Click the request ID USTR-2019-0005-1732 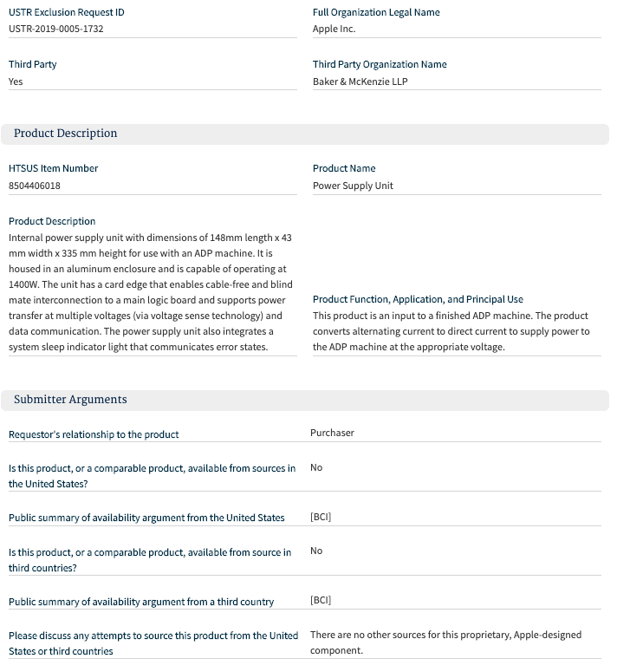click(56, 29)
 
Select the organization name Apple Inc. click(334, 29)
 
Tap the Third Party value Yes click(16, 81)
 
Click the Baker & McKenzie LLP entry click(360, 81)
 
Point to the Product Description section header click(65, 134)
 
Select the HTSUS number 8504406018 click(35, 186)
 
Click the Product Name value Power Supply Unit click(353, 186)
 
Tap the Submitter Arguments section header click(70, 400)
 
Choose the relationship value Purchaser click(332, 433)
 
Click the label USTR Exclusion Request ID click(65, 12)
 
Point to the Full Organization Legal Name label click(376, 12)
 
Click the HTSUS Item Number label click(53, 168)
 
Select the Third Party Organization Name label click(380, 64)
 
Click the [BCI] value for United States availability click(321, 517)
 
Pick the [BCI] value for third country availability click(321, 600)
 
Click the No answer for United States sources click(316, 467)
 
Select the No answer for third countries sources click(316, 551)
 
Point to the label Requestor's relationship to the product click(94, 434)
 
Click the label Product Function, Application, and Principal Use click(418, 299)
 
